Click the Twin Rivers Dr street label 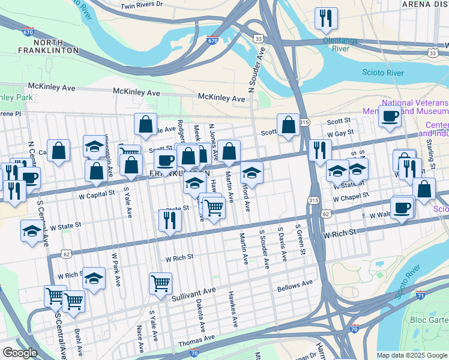(x=142, y=5)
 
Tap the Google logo (x=20, y=353)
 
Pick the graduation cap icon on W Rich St (x=94, y=278)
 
